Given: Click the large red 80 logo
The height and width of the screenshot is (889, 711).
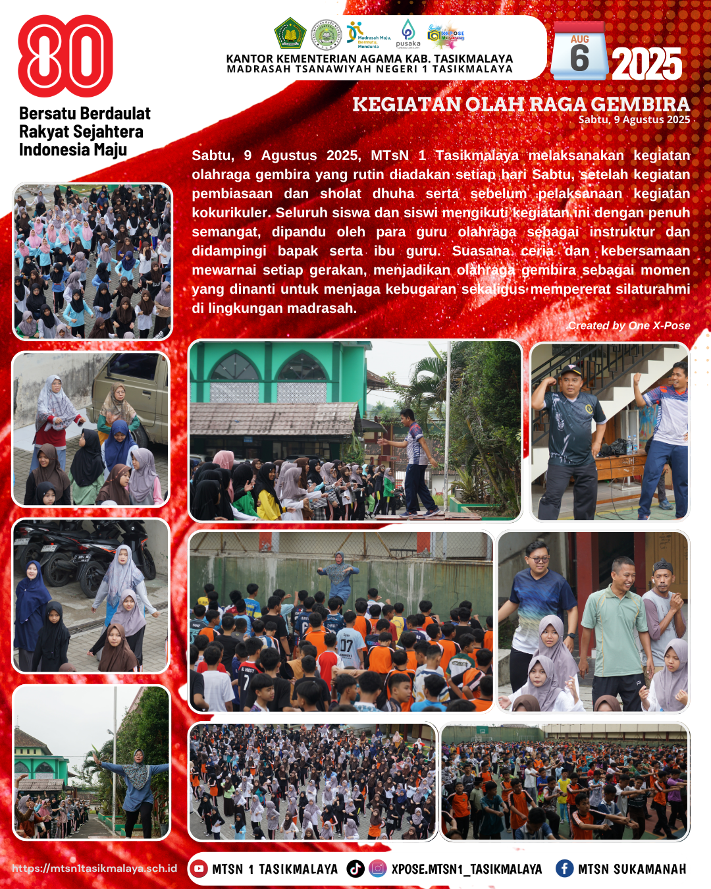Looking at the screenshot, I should pyautogui.click(x=65, y=56).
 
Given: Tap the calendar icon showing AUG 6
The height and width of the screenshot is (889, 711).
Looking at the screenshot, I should pyautogui.click(x=579, y=51).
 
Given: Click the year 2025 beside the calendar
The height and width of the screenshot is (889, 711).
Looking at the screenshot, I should pyautogui.click(x=646, y=64).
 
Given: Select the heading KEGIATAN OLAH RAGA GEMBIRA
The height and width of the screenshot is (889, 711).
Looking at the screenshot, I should pyautogui.click(x=521, y=104).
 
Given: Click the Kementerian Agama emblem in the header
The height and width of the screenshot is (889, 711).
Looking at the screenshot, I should pyautogui.click(x=289, y=34).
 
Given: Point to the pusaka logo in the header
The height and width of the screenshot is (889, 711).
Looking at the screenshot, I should pyautogui.click(x=408, y=34).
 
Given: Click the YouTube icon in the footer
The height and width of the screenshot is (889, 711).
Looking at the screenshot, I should pyautogui.click(x=199, y=869).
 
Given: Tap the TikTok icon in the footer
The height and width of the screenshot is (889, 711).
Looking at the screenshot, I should pyautogui.click(x=355, y=869).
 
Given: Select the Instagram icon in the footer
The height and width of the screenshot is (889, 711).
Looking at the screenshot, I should pyautogui.click(x=377, y=869).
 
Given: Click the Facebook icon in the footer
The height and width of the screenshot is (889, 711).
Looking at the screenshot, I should pyautogui.click(x=564, y=869).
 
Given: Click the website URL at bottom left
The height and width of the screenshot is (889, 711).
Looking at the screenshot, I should pyautogui.click(x=95, y=868).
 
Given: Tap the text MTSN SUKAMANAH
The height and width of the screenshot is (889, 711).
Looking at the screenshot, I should pyautogui.click(x=632, y=869).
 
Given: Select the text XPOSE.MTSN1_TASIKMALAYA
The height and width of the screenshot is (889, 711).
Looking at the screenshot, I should pyautogui.click(x=466, y=869).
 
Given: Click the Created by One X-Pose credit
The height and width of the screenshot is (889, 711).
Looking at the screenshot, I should pyautogui.click(x=629, y=325).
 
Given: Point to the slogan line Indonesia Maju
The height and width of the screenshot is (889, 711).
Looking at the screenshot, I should pyautogui.click(x=73, y=150).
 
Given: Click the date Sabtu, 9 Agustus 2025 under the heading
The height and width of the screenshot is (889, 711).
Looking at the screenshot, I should pyautogui.click(x=634, y=120).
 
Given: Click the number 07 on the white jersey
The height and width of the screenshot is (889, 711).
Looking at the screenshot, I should pyautogui.click(x=346, y=645).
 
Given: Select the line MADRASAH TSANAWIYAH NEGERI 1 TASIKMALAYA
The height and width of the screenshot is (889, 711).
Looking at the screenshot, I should pyautogui.click(x=369, y=69).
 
